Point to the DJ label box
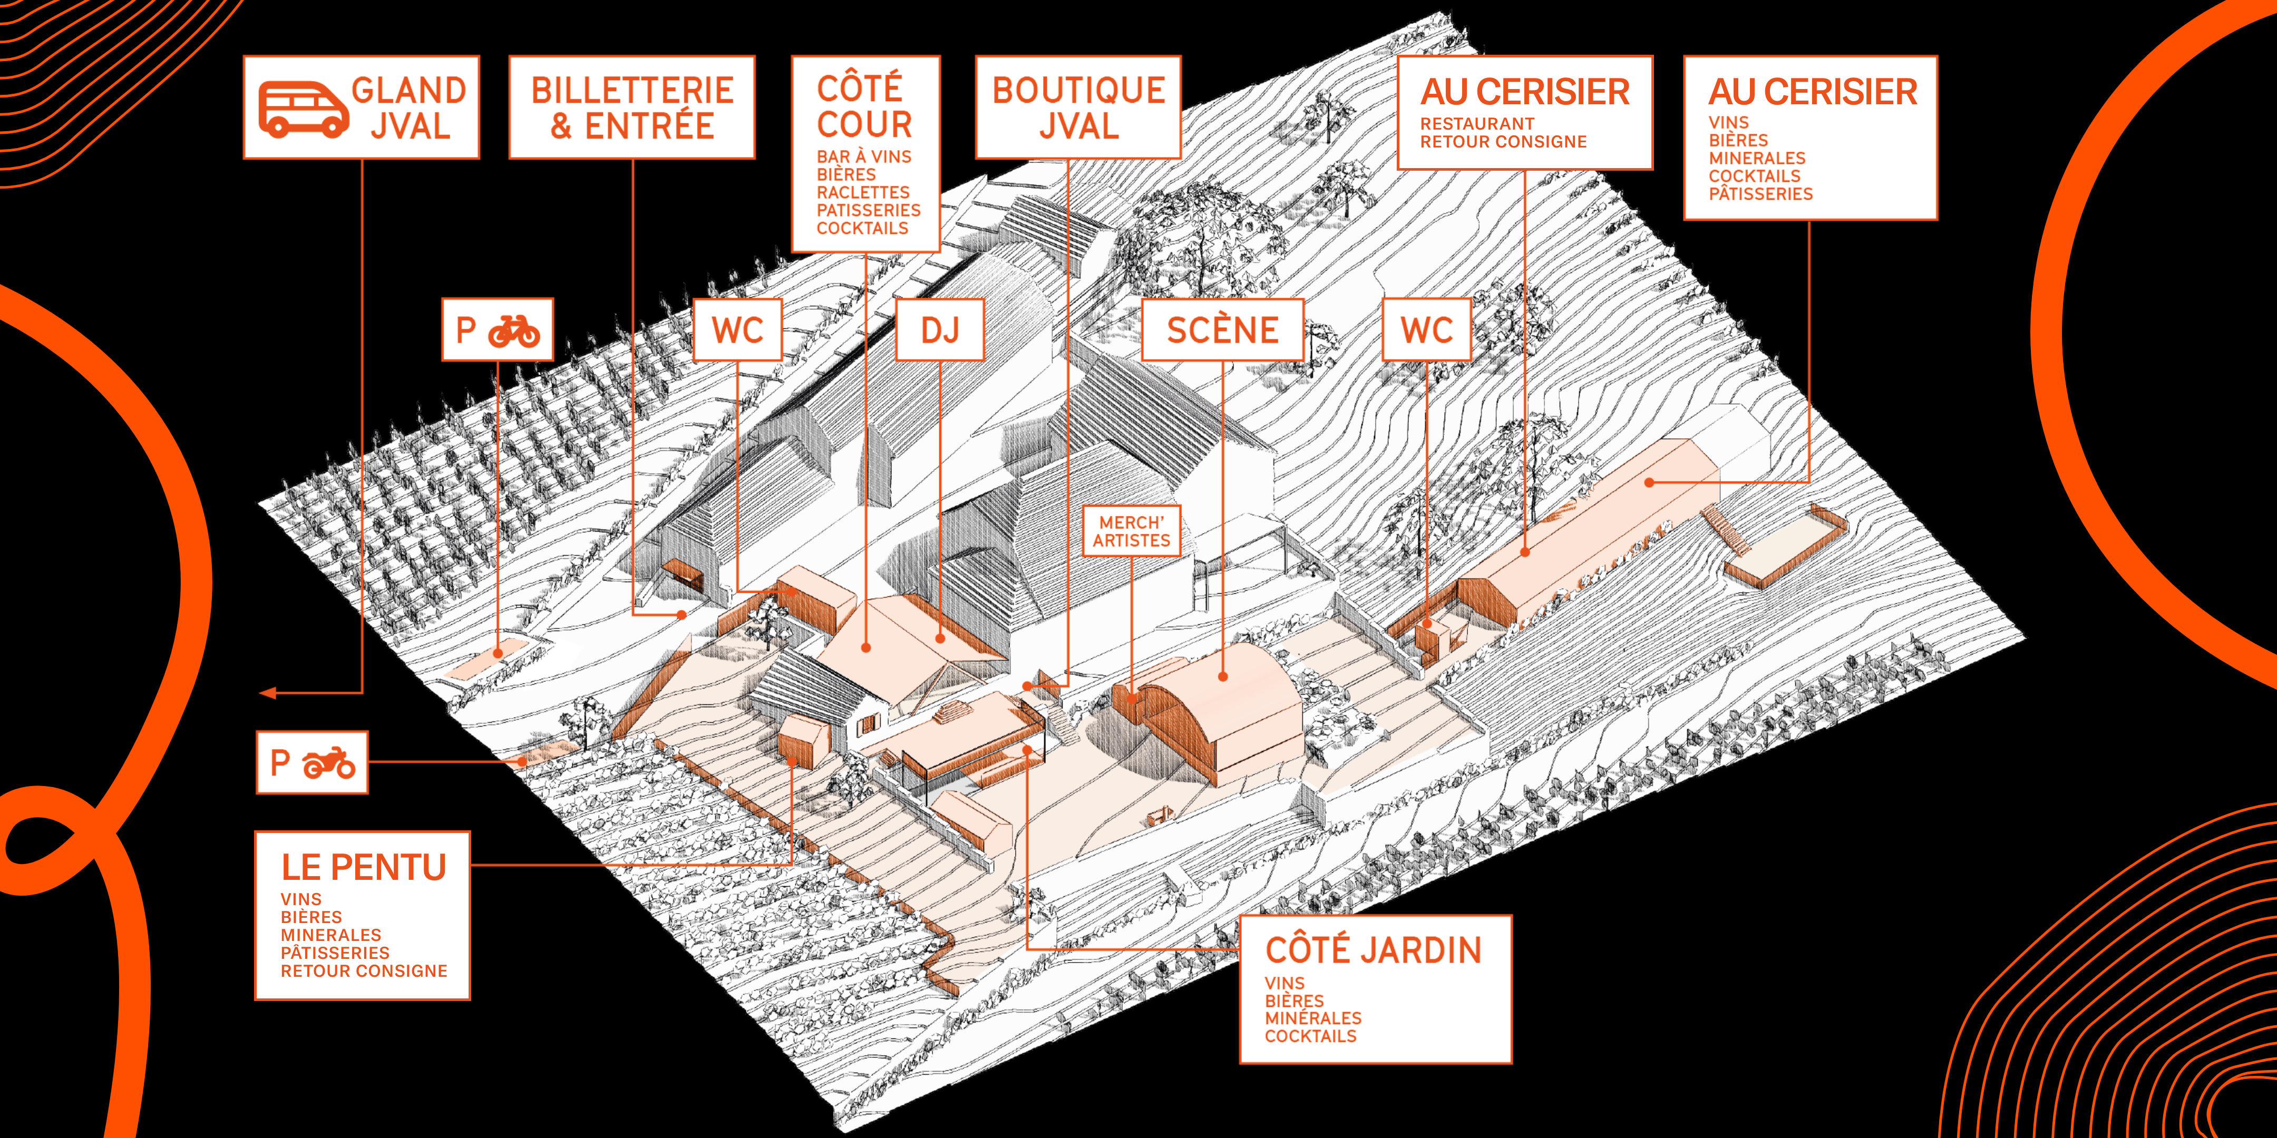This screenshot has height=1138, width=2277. point(940,330)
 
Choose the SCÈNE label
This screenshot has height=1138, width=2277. point(1222,330)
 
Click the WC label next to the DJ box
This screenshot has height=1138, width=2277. point(737,330)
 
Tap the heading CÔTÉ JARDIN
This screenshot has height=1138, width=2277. point(1373,950)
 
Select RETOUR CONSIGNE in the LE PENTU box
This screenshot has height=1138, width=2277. point(363,971)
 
